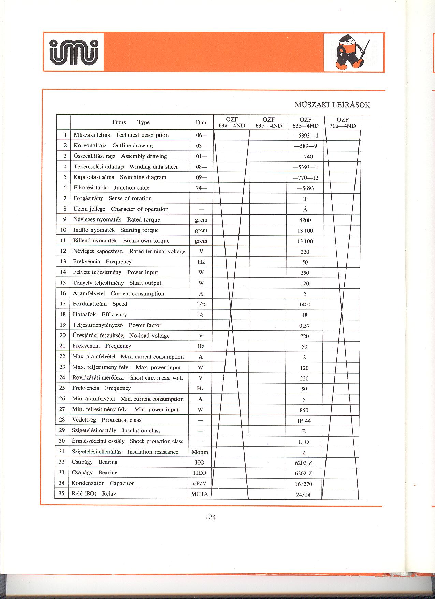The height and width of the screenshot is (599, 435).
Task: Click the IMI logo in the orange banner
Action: coord(74,52)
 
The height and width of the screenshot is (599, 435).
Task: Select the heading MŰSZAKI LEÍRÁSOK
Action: coord(332,105)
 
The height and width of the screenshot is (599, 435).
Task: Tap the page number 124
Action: coord(211,517)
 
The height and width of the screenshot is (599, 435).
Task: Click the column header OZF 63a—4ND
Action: coord(232,123)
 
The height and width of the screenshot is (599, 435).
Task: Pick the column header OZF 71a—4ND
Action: coord(342,123)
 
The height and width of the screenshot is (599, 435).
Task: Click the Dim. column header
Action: coord(202,123)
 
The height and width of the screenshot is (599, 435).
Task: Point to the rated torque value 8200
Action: coord(305,220)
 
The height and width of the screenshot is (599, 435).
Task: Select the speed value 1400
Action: coord(305,304)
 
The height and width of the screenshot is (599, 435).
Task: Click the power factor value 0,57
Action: coord(304,326)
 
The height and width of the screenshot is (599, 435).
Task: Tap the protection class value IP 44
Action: coord(304,421)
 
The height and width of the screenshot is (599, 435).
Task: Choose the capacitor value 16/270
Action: coord(304,484)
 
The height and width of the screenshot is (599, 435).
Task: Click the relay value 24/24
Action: coord(303,495)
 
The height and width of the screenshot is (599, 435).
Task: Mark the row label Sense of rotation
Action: coord(130,198)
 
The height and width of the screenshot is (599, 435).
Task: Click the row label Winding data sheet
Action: coord(154,167)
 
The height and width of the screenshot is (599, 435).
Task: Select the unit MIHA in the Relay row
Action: coord(200,494)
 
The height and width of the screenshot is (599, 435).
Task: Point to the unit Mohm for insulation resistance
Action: coord(200,452)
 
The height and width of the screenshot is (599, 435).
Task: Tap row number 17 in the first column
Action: coord(63,304)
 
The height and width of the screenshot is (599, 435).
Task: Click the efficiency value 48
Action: coord(305,315)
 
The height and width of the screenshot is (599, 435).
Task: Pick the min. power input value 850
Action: coord(304,410)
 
